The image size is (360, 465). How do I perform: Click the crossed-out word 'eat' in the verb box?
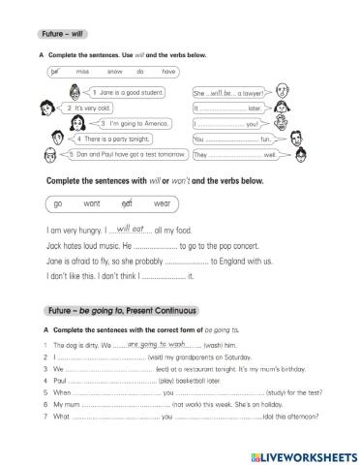click(x=128, y=204)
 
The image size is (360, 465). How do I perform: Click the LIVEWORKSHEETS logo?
click(x=303, y=454)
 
